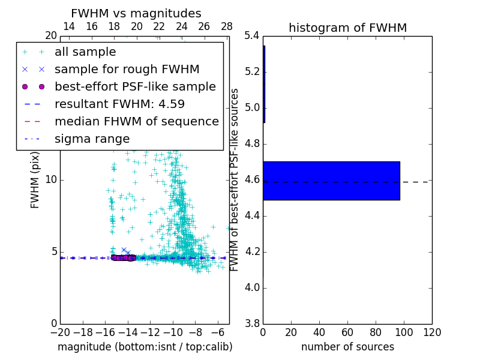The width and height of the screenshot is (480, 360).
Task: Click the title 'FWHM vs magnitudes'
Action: (x=136, y=13)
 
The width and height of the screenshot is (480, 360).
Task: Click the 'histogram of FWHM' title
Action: (x=347, y=28)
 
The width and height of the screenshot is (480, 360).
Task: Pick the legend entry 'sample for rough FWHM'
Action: (x=127, y=69)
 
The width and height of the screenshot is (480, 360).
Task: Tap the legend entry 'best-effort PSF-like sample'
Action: (x=135, y=86)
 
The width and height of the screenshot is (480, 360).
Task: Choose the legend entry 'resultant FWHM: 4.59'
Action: (x=119, y=104)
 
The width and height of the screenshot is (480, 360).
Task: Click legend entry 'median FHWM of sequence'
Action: (x=136, y=121)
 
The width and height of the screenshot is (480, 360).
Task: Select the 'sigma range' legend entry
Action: (x=92, y=139)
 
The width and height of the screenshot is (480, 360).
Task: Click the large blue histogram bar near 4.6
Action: (x=331, y=180)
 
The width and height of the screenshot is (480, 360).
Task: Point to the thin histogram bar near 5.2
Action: (x=264, y=84)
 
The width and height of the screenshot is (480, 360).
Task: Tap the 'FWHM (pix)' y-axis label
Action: (x=35, y=180)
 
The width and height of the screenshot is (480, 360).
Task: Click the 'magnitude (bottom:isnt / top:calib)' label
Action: (x=145, y=347)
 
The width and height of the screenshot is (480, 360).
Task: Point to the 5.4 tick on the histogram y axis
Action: (x=252, y=36)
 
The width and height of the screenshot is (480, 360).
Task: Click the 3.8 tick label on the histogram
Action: (x=252, y=323)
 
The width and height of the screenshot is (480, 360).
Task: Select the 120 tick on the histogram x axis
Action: (x=431, y=332)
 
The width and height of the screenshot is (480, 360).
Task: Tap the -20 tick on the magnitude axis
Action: (x=60, y=332)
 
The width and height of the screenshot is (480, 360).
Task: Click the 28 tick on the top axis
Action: (x=227, y=26)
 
